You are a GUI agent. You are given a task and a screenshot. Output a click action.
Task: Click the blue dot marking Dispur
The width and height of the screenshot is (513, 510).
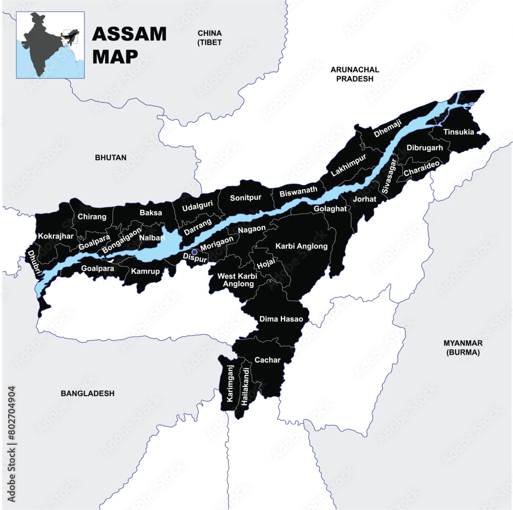coord(194,252)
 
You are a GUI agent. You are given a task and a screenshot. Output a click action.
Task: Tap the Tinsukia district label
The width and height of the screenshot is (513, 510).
coord(459,132)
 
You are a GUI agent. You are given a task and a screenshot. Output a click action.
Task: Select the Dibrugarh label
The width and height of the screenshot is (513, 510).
coord(425,148)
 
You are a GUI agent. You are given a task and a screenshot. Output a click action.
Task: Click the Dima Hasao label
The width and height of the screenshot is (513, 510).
coord(281,319)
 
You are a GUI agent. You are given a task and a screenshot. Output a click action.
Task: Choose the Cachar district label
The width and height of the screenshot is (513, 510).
coord(268,360)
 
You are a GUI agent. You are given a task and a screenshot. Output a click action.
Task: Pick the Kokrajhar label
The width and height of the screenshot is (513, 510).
coord(56,237)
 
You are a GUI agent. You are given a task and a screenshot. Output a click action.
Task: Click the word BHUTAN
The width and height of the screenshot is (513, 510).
coord(110,158)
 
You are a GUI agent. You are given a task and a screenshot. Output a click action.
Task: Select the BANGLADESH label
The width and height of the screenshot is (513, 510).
coord(87,394)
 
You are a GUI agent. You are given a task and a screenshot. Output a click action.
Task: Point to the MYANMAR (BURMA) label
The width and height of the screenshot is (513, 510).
coord(463,347)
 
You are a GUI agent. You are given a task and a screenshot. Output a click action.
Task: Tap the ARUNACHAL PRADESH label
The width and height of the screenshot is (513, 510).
coord(355,74)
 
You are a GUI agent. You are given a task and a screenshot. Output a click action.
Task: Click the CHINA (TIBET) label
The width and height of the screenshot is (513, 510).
coord(210,37)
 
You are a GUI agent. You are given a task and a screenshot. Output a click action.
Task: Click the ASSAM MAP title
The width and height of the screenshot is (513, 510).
coord(129,45)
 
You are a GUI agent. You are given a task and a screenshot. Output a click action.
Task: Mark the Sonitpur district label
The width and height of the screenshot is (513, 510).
coord(246,198)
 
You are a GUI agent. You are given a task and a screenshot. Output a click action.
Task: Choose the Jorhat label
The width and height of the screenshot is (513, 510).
coord(365,199)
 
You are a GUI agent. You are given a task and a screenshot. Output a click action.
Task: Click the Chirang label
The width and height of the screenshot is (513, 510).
coord(92,217)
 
